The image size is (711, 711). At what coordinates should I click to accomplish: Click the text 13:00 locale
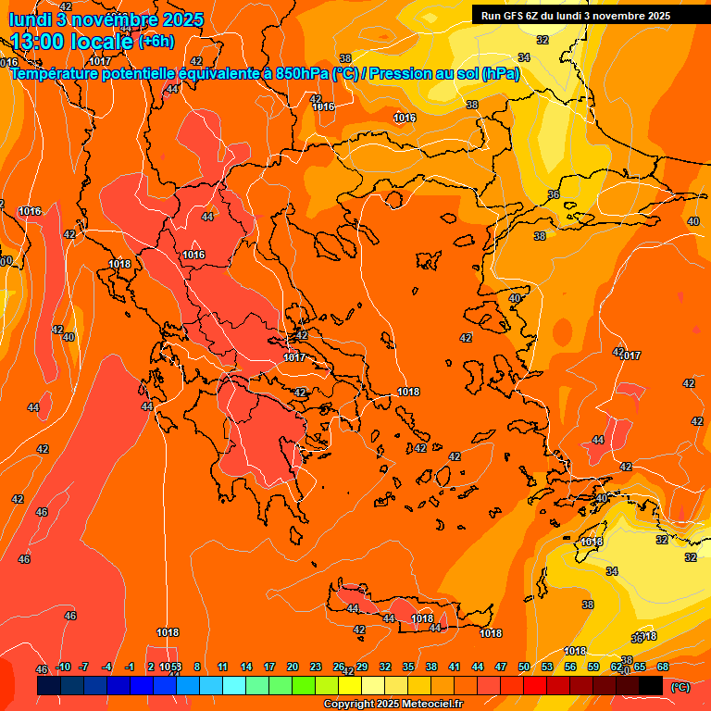point(71,41)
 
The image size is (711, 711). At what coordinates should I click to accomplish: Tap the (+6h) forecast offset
point(156,42)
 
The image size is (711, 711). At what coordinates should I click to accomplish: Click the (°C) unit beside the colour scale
point(680,687)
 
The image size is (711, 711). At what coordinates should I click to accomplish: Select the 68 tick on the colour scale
point(663,667)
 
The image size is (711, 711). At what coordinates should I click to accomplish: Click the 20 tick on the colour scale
point(293,667)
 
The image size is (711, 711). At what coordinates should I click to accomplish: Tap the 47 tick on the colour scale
point(501,667)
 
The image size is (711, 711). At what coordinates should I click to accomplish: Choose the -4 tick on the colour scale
point(106,667)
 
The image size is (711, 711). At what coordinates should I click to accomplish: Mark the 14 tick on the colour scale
point(246,667)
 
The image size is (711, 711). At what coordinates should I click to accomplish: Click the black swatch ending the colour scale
point(651,686)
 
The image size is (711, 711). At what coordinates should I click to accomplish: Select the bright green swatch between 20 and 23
point(304,686)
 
